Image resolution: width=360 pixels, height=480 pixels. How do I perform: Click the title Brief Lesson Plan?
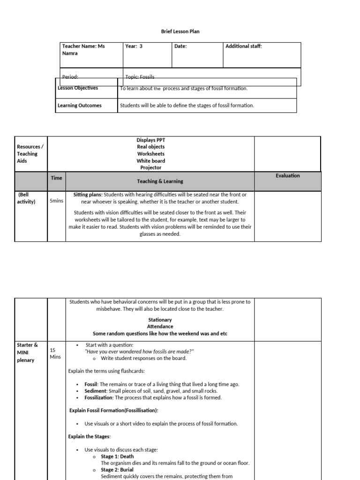tap(180, 31)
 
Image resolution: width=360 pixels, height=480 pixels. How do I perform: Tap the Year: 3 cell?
tap(134, 46)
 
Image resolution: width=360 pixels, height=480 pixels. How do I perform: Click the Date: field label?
tap(180, 46)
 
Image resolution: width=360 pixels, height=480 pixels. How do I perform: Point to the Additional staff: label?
tap(243, 46)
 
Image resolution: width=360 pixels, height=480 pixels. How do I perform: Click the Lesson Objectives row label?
tap(78, 88)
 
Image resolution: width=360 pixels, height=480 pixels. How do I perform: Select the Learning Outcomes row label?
tap(79, 105)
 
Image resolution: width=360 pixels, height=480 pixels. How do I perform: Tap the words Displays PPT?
tap(150, 140)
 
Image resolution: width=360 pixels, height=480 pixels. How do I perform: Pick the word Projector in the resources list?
tap(150, 168)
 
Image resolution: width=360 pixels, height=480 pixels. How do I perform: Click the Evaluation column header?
tap(287, 176)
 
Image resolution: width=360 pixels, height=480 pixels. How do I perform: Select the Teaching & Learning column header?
tap(160, 181)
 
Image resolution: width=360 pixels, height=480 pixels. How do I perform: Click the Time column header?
tap(56, 178)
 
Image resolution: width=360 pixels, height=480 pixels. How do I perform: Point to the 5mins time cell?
tap(56, 201)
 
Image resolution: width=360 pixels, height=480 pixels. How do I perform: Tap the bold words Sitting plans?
tap(88, 195)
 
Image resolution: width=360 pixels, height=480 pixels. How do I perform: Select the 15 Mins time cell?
tap(55, 353)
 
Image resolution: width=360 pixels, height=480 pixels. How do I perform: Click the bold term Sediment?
tap(96, 391)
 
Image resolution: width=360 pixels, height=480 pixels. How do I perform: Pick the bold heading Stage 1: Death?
tap(117, 457)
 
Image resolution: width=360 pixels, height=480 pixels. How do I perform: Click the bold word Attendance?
tap(160, 327)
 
